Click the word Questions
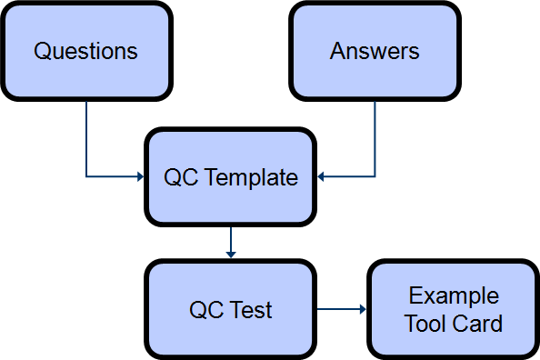pyautogui.click(x=85, y=51)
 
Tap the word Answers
pyautogui.click(x=375, y=51)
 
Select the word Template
pyautogui.click(x=252, y=177)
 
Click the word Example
pyautogui.click(x=453, y=296)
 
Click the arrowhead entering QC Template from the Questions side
pyautogui.click(x=141, y=176)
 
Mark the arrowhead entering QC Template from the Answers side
pyautogui.click(x=321, y=176)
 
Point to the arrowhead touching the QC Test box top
pyautogui.click(x=231, y=255)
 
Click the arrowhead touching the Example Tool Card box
pyautogui.click(x=362, y=310)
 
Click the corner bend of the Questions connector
pyautogui.click(x=86, y=176)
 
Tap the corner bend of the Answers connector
pyautogui.click(x=375, y=176)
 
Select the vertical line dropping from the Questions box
pyautogui.click(x=86, y=136)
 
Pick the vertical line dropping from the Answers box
pyautogui.click(x=375, y=136)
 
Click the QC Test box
pyautogui.click(x=231, y=332)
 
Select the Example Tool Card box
pyautogui.click(x=453, y=341)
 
